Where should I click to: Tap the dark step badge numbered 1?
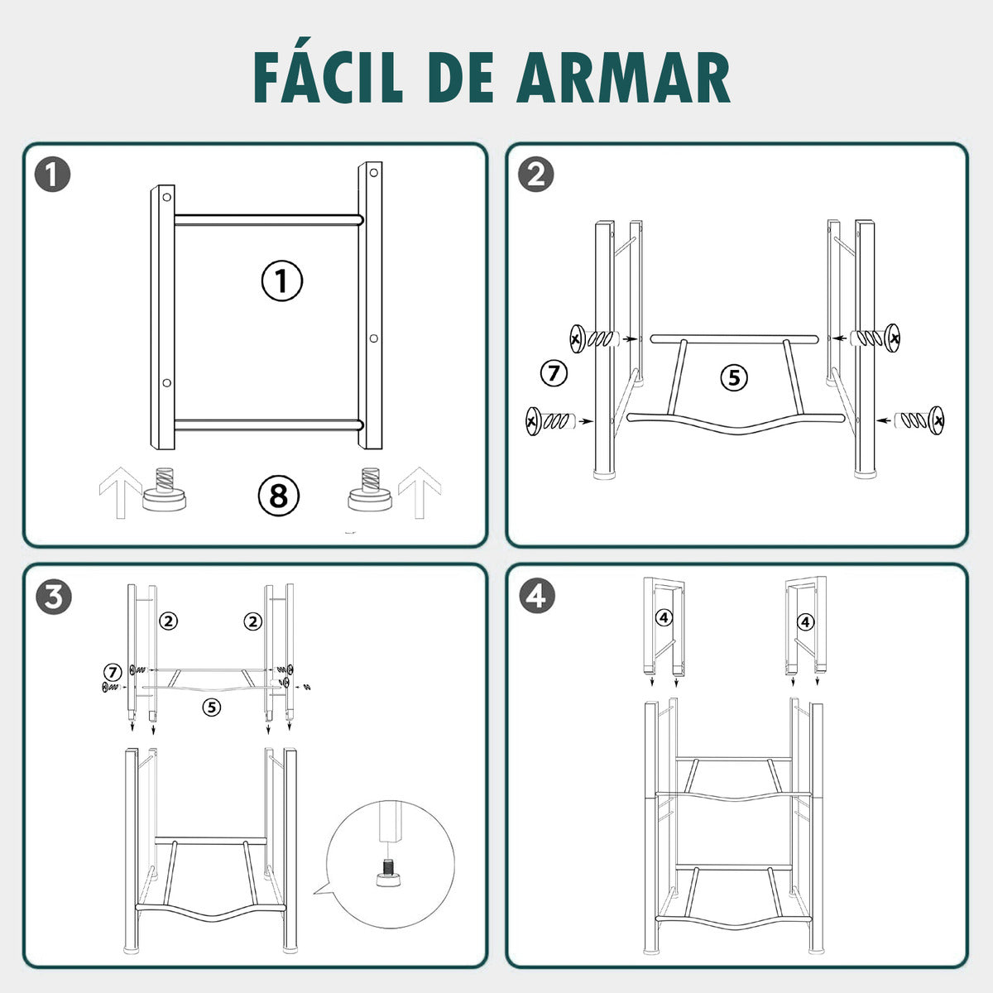52,175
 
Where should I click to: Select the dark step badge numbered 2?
535,175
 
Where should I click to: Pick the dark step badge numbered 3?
52,596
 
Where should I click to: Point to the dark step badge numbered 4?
535,596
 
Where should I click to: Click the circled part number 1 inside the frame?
282,281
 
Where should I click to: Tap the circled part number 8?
278,496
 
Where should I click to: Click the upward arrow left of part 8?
118,492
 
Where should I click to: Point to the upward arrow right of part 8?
420,492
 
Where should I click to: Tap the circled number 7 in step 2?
554,373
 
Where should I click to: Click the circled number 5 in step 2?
733,378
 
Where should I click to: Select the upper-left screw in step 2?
594,338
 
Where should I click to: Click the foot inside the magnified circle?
386,875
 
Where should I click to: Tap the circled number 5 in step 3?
213,707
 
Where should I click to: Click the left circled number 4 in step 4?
664,616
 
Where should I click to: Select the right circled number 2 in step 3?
252,621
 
